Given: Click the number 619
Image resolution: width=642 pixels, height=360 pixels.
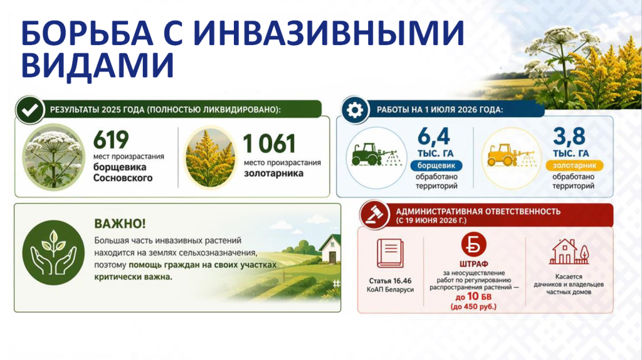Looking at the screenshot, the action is click(110, 140).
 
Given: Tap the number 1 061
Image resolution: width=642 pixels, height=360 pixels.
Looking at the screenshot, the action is click(269, 144).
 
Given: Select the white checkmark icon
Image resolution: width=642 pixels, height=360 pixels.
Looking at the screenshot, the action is click(30, 110).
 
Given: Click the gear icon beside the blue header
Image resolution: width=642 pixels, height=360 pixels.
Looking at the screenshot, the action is click(355, 110).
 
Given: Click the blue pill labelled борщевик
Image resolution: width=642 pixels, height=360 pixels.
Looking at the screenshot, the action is click(436, 166).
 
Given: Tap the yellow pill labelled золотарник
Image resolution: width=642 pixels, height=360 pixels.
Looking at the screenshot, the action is click(574, 166).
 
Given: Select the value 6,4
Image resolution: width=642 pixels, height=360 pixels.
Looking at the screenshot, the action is click(434, 136).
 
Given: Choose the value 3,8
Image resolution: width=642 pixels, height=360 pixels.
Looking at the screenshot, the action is click(569, 136).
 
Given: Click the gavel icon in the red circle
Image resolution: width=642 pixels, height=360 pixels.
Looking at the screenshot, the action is click(374, 215).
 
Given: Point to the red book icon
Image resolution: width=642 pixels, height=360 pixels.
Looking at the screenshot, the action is click(390, 253).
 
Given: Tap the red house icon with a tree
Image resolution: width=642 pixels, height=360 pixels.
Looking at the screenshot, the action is click(569, 252).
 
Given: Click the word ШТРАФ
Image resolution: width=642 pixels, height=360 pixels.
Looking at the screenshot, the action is click(474, 264).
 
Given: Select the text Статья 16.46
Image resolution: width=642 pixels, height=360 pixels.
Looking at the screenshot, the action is click(390, 281).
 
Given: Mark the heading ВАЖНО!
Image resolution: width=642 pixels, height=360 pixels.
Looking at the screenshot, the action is click(120, 224).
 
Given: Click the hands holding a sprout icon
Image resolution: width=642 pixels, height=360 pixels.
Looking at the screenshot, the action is click(53, 253).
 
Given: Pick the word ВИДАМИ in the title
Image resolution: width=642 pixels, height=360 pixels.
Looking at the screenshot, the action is click(98, 65).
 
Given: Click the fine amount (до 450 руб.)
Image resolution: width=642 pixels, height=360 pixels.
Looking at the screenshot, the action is click(473, 307).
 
